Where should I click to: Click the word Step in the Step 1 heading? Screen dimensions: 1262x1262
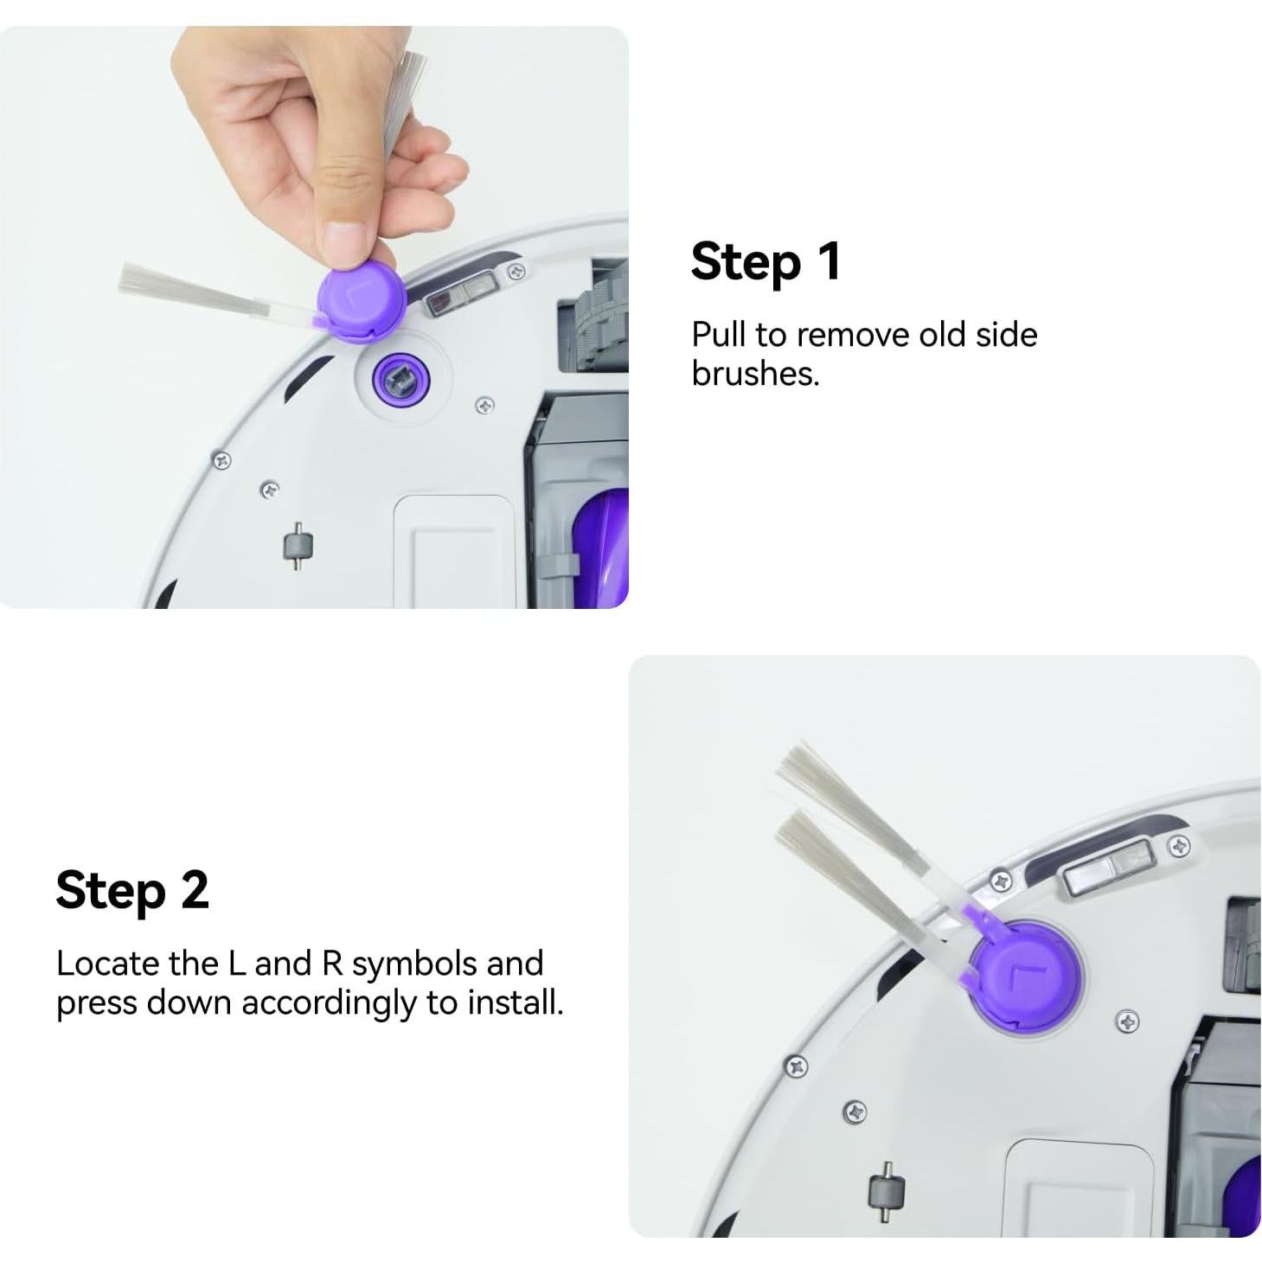[x=746, y=263]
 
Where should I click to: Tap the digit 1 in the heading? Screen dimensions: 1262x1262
[x=829, y=260]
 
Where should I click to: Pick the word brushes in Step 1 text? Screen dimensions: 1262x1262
[x=755, y=374]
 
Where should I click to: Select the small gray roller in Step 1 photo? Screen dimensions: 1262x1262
[x=298, y=546]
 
